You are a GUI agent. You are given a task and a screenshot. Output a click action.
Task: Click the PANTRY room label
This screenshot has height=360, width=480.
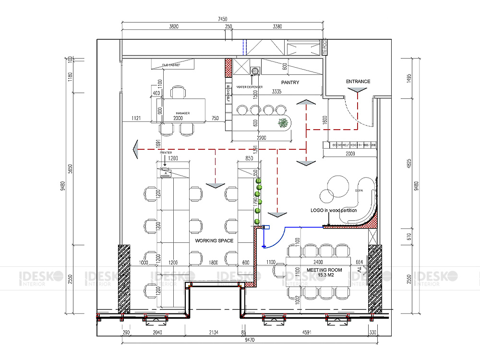pos(290,83)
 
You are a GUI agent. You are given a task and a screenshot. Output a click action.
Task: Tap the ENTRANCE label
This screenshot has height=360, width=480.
pos(358,82)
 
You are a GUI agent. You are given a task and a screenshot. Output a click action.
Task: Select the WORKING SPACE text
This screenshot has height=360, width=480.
pos(214,240)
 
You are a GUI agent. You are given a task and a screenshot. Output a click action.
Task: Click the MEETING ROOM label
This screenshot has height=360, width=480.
pos(324,270)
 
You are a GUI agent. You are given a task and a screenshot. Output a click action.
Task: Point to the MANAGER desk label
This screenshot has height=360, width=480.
pos(182,113)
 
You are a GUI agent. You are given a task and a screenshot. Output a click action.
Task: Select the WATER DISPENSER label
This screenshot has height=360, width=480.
pos(249,87)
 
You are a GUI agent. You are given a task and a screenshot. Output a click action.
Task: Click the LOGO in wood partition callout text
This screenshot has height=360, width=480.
pos(334,211)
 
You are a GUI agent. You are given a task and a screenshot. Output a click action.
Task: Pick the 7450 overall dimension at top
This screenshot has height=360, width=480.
pos(222,19)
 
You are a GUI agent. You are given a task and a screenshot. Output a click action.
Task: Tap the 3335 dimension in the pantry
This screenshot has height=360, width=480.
pos(276,91)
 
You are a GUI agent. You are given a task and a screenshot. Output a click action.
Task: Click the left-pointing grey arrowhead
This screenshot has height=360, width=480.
pos(136,150)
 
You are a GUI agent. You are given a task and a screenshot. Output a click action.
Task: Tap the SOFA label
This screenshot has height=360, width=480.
pos(358,191)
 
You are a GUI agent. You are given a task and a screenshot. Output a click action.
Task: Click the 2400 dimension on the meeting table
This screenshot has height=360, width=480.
pos(317,263)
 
